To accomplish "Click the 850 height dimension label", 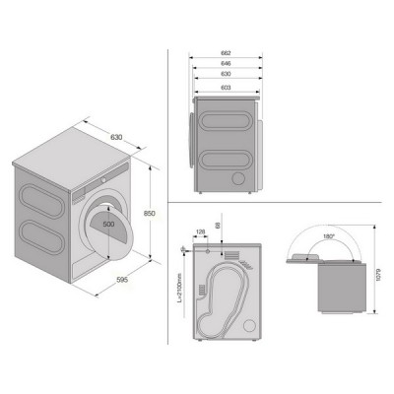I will click(x=151, y=215).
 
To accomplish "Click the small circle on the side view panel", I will click(x=236, y=178).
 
